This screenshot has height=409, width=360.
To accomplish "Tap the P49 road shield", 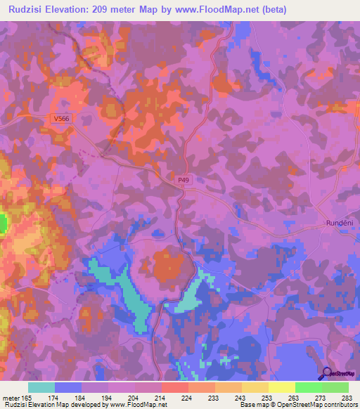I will (184, 180).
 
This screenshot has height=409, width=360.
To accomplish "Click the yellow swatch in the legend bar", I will (281, 387).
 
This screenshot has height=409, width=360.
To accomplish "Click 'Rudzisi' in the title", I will (27, 8).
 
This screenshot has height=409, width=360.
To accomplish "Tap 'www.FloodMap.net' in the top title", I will (235, 8).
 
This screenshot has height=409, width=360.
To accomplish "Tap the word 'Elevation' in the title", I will (81, 8).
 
